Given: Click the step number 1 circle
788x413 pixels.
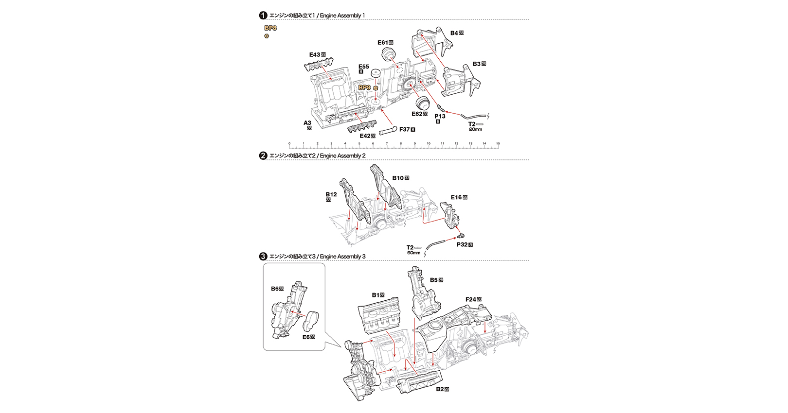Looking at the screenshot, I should tap(263, 16).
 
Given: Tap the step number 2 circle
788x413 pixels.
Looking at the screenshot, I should tap(263, 155).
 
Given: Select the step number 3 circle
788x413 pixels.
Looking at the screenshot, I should tap(263, 257).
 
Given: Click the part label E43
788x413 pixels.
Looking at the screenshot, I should tap(315, 55).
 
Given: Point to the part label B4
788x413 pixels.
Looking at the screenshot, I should tap(454, 33).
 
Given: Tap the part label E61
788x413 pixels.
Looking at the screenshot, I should tap(383, 43).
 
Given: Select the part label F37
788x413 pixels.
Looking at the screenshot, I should tap(405, 130).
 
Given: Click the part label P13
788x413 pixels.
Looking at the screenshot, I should tap(440, 117).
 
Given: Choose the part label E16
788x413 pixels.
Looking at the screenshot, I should tap(456, 197).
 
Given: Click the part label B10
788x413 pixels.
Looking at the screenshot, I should tap(398, 178).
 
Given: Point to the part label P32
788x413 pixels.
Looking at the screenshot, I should tap(462, 244).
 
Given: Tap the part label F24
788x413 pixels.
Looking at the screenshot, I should tap(471, 300).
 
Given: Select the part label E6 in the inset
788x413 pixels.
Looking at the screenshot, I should tap(306, 337).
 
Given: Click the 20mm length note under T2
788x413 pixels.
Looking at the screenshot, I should tap(475, 130).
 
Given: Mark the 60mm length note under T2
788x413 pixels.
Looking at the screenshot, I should tap(413, 253).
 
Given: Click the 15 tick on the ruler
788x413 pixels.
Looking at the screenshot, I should tap(498, 144).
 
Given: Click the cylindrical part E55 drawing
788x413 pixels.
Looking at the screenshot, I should tap(375, 74).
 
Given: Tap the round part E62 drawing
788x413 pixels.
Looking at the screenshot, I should tap(422, 103).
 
